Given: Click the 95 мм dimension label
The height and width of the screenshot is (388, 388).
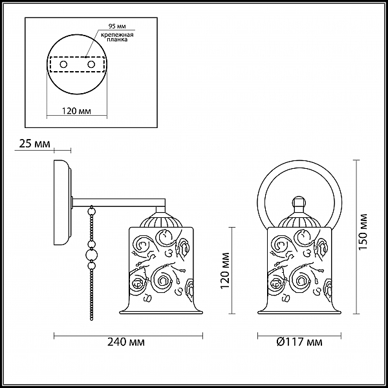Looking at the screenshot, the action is click(x=117, y=26).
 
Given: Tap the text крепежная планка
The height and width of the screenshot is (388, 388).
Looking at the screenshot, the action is click(x=117, y=37).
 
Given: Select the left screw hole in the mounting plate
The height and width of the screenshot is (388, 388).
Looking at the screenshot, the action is click(x=63, y=65).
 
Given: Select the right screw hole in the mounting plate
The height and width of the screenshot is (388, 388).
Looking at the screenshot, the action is click(x=91, y=65).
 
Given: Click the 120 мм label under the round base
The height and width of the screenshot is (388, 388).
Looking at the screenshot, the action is click(x=76, y=111).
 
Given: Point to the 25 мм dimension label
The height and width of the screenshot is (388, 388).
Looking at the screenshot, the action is click(x=34, y=144).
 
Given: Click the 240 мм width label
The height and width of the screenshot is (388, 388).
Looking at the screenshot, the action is click(x=126, y=342).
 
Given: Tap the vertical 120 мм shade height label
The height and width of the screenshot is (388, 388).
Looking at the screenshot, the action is click(x=225, y=270).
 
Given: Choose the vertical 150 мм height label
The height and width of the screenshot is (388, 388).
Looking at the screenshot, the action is click(x=363, y=231).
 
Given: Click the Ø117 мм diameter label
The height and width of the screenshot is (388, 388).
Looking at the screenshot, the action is click(x=299, y=342).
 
